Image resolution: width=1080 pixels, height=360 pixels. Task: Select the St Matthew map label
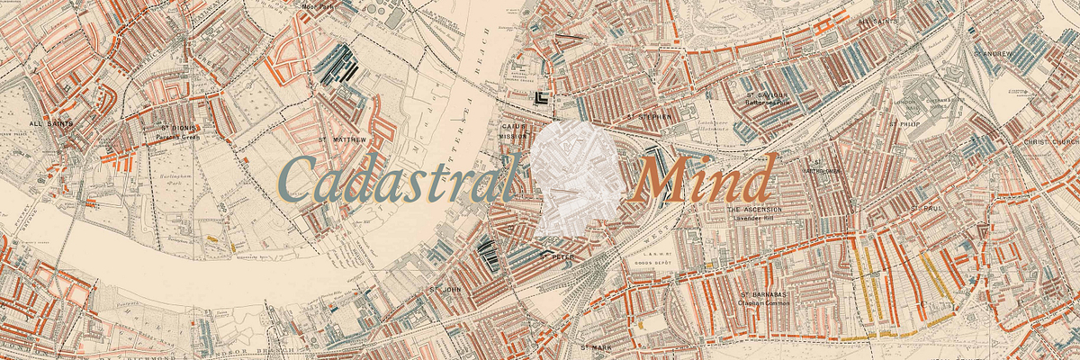pos(343,140)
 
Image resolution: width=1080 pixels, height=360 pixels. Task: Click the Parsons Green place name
pos(176,138)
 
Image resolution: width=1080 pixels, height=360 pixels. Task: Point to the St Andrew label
pos(994,53)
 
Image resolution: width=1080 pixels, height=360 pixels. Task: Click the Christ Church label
pos(1050,142)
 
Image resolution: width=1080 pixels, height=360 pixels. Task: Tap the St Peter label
pos(555,256)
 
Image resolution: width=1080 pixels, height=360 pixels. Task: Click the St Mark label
pos(596,346)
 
